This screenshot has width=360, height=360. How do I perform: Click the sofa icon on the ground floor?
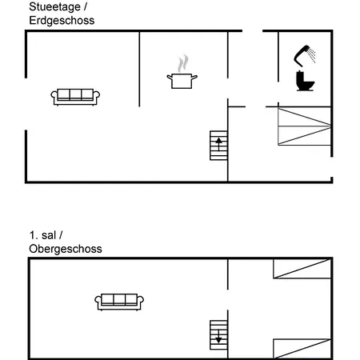point(75,97)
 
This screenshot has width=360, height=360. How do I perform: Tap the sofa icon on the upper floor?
point(119,302)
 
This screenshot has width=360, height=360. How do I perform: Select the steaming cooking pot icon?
point(182,72)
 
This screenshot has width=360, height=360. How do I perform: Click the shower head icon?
point(305,56)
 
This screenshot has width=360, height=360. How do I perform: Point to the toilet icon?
point(305,81)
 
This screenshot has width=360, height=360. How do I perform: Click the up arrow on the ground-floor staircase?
point(218,144)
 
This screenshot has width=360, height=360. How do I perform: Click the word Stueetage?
point(54,7)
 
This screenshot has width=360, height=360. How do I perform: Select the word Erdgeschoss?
point(62,21)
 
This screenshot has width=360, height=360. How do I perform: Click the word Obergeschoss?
point(66,249)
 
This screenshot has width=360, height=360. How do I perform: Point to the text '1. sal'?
point(42,235)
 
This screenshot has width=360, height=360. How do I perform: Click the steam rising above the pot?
point(183,63)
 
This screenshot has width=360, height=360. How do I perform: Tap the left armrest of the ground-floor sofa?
point(54,97)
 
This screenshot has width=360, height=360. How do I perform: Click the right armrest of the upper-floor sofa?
point(141,302)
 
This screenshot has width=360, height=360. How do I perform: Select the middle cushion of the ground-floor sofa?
point(75,94)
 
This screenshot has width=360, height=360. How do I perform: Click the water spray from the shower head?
point(311,55)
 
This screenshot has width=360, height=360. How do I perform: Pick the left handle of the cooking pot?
point(170,78)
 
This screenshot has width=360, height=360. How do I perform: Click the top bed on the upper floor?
point(302,269)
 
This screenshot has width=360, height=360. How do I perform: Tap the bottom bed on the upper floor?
point(302,349)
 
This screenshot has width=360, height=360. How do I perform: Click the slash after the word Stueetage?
point(86,7)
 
